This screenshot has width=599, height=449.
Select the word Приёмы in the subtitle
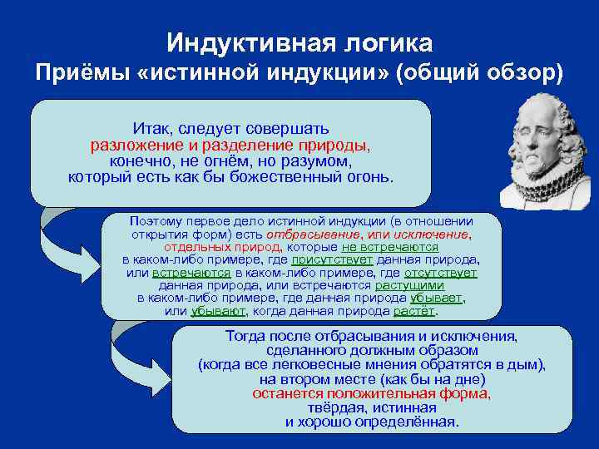click(x=77, y=73)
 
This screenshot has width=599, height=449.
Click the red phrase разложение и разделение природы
click(x=230, y=145)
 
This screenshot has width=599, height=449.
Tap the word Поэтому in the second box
click(x=154, y=221)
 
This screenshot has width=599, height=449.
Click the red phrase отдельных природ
click(x=223, y=247)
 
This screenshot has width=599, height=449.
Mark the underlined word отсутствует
click(x=440, y=272)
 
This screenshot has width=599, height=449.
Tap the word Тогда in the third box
click(x=248, y=336)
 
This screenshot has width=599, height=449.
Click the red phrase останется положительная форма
click(x=371, y=393)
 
